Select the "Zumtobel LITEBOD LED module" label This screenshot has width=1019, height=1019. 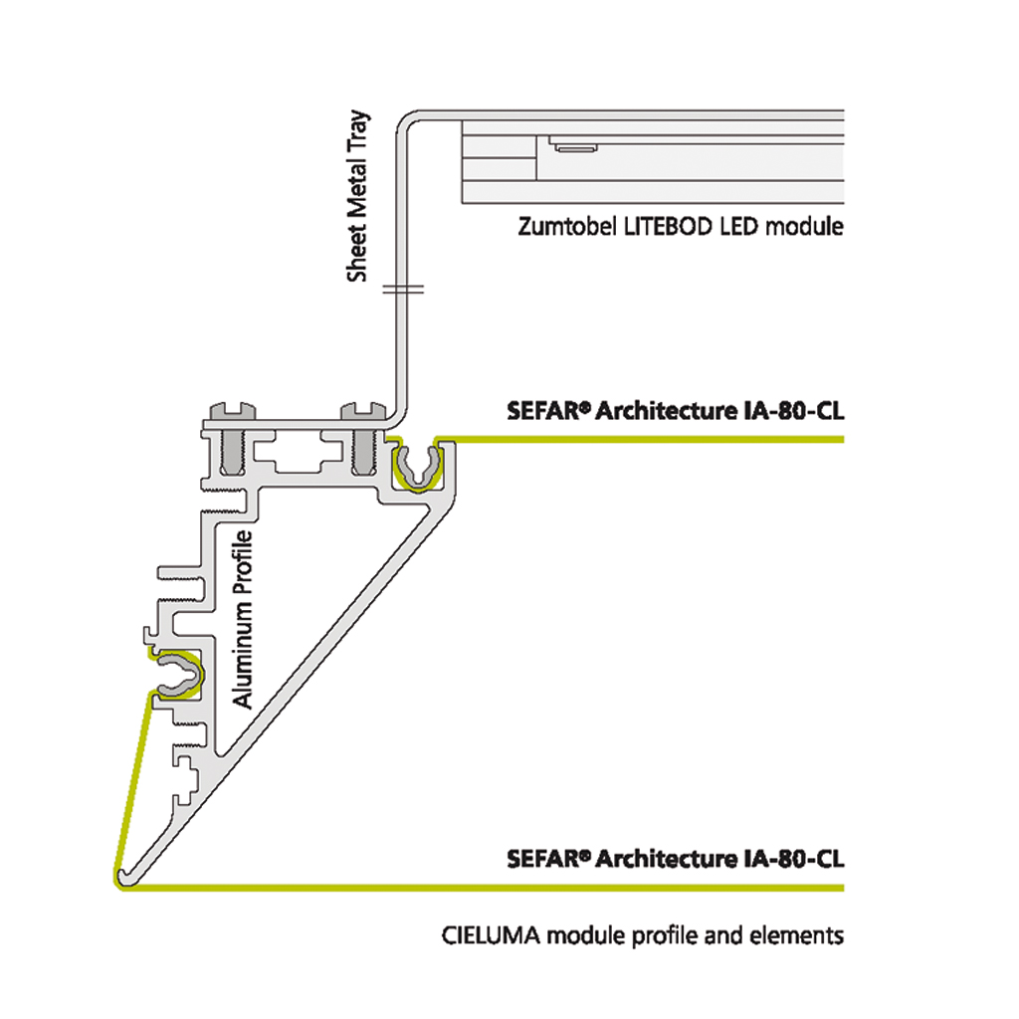(681, 227)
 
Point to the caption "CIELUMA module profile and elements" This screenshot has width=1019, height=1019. (642, 935)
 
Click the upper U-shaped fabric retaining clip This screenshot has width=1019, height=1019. (416, 466)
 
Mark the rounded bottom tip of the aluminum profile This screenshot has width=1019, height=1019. (122, 876)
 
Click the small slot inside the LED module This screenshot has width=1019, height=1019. (574, 147)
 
